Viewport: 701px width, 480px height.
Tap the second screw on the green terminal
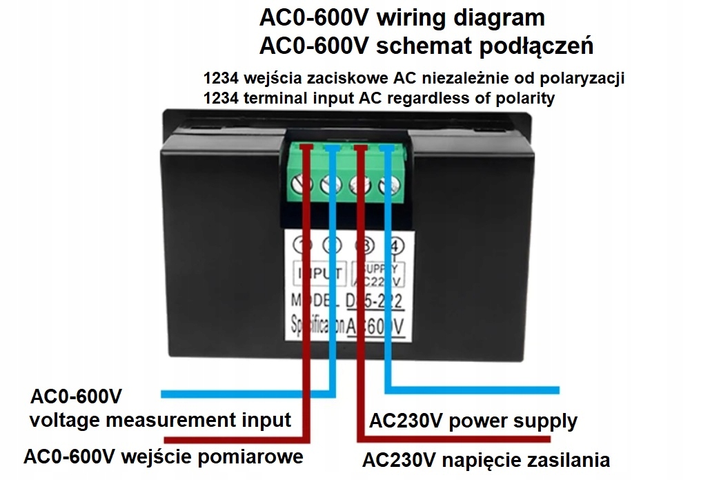point(328,185)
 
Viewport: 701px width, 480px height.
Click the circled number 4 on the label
point(394,247)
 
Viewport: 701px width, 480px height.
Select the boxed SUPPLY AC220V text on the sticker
point(378,273)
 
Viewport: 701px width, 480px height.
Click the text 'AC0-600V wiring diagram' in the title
point(402,17)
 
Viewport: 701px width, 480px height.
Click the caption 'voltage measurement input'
point(160,420)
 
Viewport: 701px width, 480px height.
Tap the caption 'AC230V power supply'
point(473,421)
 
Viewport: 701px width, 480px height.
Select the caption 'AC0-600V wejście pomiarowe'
point(163,457)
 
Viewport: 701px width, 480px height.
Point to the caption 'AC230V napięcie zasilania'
point(486,460)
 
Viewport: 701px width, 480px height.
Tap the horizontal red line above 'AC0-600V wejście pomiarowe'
point(235,439)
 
